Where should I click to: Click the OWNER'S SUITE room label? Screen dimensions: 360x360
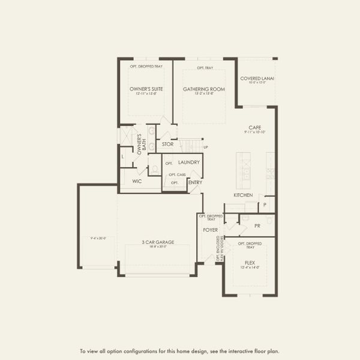coord(146,89)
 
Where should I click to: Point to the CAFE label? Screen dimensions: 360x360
coord(255,127)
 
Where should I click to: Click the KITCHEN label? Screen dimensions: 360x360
coord(243,195)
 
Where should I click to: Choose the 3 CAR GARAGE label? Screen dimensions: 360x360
coord(158,242)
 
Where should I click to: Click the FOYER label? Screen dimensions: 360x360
coord(210,229)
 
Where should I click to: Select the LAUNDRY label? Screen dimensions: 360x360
coord(188,163)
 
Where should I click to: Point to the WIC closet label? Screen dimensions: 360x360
coord(136,181)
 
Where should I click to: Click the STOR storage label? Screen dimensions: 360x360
coord(167,144)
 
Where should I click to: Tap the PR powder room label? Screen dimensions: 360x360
coord(257,226)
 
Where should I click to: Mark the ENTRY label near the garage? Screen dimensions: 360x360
coord(195,182)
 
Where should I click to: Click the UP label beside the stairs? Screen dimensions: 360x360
coord(206,147)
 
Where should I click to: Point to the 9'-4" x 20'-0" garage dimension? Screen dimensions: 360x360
coord(98,238)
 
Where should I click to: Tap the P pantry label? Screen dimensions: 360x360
coord(265,205)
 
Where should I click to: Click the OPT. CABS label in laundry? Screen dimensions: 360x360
coord(177,175)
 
